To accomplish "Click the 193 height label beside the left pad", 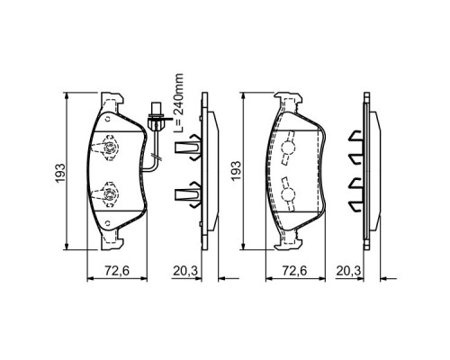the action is (60, 173).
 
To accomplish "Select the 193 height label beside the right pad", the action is (236, 171).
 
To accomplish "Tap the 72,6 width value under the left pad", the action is (117, 271).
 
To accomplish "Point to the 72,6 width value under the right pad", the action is (294, 271).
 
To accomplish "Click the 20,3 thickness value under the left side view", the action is (185, 271).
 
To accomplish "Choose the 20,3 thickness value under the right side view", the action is (348, 271).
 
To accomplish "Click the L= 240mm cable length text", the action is (179, 103).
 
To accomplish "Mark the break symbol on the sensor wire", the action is (156, 156).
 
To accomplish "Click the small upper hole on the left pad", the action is (108, 119).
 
